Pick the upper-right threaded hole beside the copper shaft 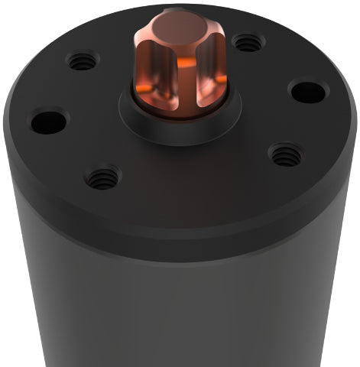(x=248, y=42)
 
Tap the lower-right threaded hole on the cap (x=287, y=155)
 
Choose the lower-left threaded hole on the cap (x=102, y=178)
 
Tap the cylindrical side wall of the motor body (x=183, y=313)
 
